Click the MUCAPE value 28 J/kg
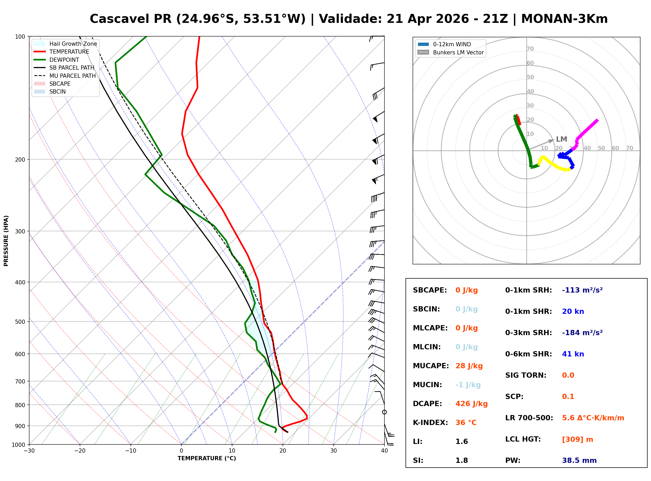469,366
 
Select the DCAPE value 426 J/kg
471,404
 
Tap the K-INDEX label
430,423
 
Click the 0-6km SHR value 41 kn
573,354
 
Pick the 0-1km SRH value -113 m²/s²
582,290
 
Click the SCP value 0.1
568,397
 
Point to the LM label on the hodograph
561,139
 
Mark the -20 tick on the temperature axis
79,451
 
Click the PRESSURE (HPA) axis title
6,241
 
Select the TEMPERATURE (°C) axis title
207,458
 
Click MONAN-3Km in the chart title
564,19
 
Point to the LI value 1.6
461,442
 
